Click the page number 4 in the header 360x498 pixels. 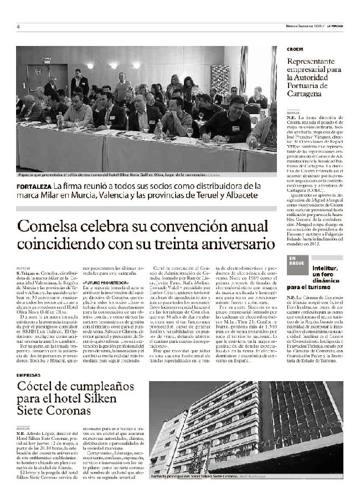pyautogui.click(x=18, y=27)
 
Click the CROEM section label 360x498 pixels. pyautogui.click(x=295, y=49)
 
